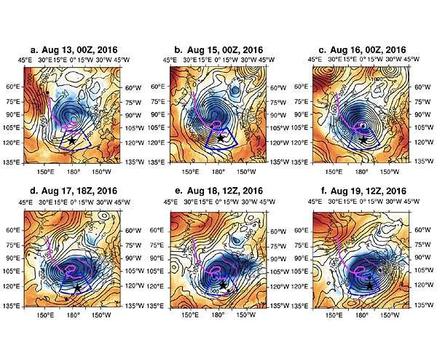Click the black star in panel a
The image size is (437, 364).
pyautogui.click(x=71, y=138)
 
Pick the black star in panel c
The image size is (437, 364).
pyautogui.click(x=363, y=139)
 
